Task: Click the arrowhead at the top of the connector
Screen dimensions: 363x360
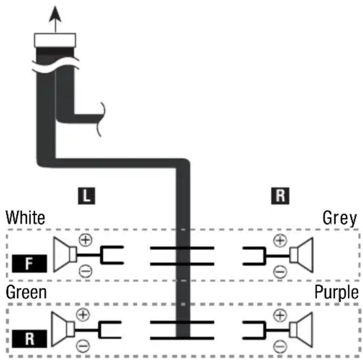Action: pos(55,14)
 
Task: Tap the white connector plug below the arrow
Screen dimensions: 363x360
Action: pos(55,40)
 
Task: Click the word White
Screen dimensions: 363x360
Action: pos(25,217)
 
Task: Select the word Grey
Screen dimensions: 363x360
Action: pos(340,218)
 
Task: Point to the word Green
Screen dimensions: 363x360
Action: pos(26,292)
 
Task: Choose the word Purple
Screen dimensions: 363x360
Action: pos(336,293)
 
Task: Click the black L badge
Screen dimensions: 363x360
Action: pos(87,196)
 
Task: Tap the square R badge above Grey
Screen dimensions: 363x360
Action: pos(280,196)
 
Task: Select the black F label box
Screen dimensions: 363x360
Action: pos(29,263)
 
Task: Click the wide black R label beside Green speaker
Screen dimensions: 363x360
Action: pos(29,339)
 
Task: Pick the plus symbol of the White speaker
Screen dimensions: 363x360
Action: pos(86,240)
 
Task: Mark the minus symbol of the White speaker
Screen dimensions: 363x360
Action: pos(86,271)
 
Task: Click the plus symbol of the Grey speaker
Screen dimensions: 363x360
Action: pos(280,241)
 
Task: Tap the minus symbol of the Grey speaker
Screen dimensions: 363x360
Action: pos(280,272)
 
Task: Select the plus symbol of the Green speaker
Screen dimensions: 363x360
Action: pos(83,314)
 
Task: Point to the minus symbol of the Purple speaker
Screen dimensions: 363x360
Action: pos(280,347)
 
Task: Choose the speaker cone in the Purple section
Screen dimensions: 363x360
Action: pos(301,330)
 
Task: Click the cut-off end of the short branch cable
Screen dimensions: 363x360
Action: pos(101,119)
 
